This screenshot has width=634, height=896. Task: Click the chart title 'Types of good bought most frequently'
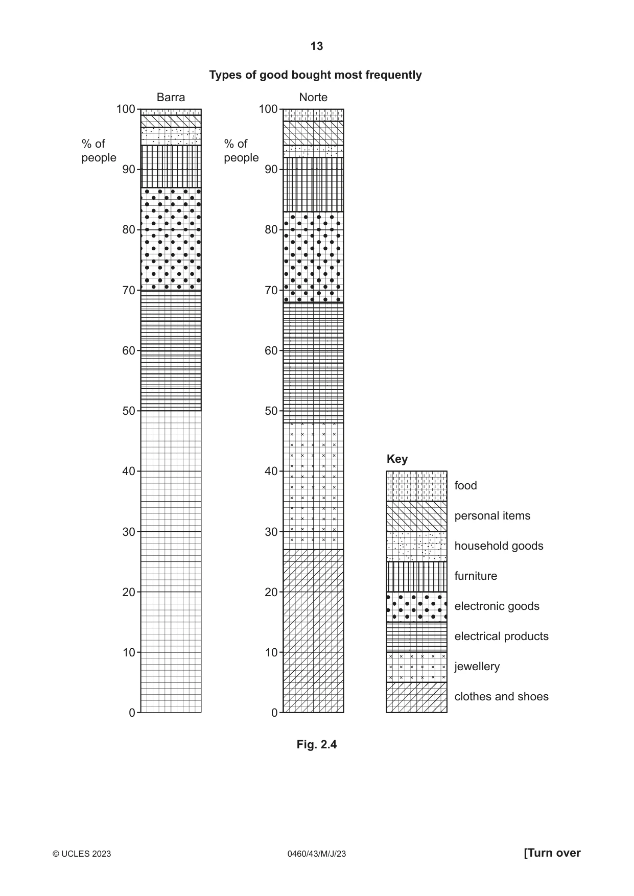(315, 75)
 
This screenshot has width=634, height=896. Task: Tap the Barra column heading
(171, 97)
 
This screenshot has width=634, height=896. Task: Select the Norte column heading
(313, 97)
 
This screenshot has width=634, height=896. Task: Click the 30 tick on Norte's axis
(271, 532)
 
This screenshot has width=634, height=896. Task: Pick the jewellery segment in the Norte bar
(313, 486)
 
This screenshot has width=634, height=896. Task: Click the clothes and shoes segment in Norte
(313, 631)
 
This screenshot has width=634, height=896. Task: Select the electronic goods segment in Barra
(171, 239)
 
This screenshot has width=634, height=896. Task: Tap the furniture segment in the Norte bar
(313, 184)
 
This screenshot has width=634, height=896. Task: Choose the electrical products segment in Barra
(171, 351)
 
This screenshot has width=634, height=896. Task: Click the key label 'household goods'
(499, 546)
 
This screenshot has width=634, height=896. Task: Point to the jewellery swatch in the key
(416, 667)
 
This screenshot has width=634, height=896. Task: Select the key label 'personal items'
(492, 516)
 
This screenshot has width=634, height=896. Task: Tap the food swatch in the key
(416, 486)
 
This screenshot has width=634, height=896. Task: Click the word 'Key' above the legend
(397, 459)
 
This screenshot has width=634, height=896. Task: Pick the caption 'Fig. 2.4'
(317, 744)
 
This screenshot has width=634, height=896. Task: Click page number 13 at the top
(317, 46)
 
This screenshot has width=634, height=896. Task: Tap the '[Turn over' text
(552, 853)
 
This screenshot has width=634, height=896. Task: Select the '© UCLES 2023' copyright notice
(82, 854)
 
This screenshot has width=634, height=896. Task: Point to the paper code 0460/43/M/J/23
(317, 854)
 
